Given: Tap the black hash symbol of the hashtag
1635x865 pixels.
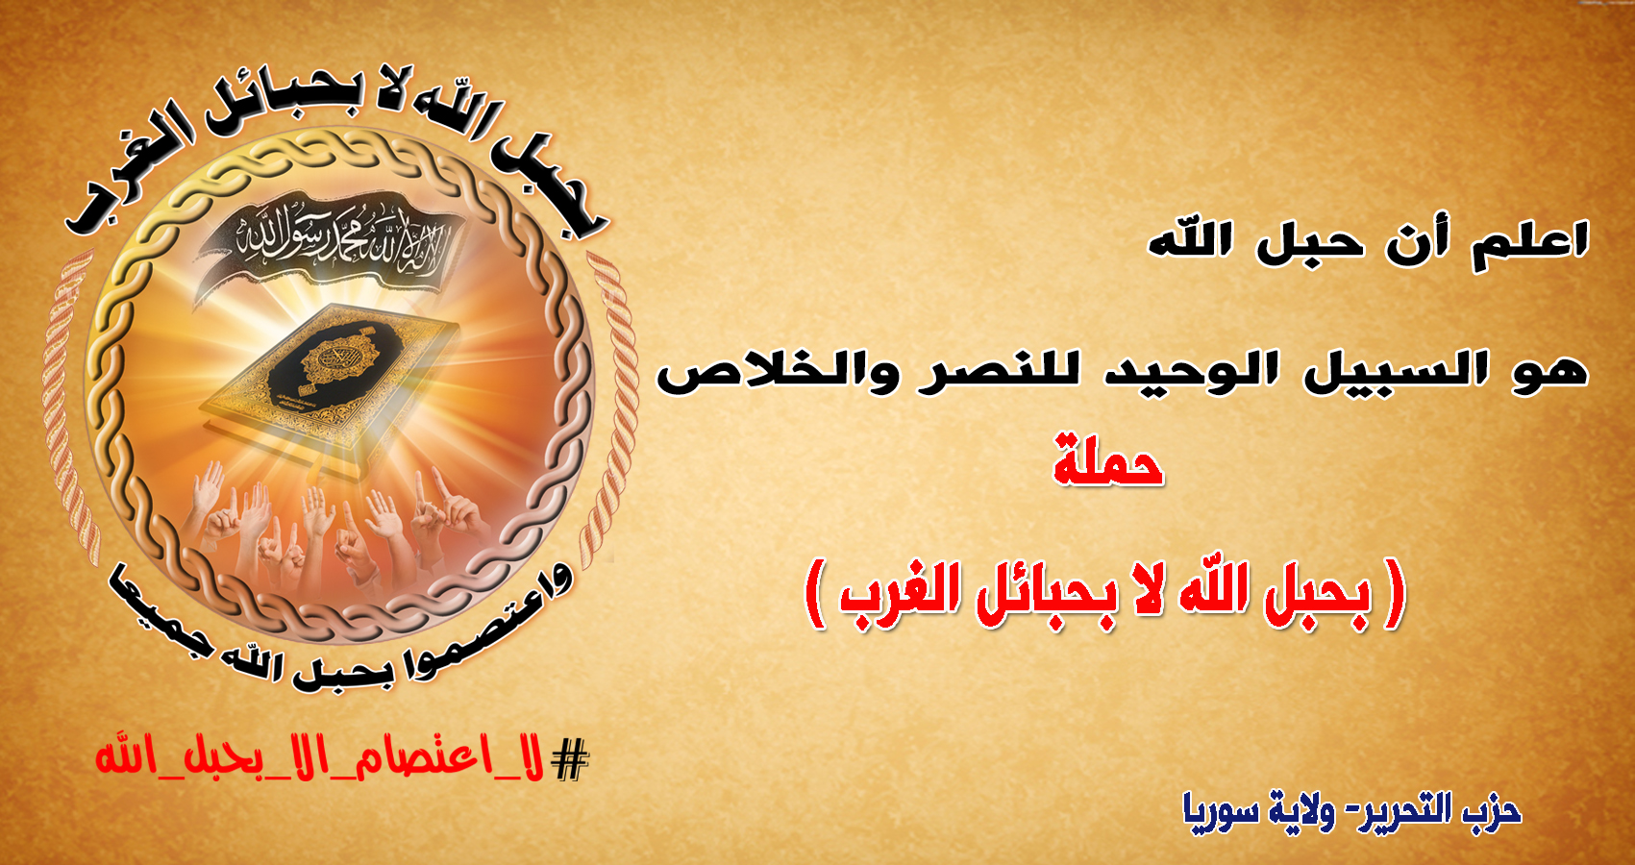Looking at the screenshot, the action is click(569, 760).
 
